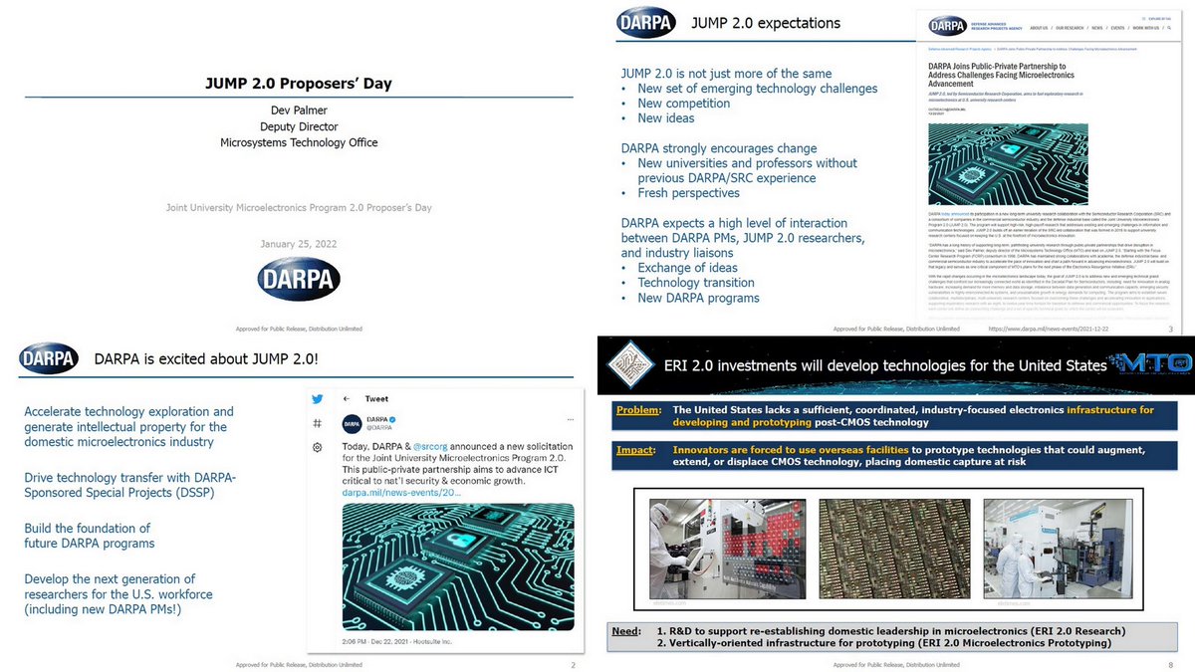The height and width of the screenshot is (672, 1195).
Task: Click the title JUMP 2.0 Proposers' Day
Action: tap(299, 83)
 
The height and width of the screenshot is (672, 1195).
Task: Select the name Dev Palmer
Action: tap(299, 111)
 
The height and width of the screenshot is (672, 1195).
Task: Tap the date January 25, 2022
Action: tap(298, 245)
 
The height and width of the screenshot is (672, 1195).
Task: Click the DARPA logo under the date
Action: tap(299, 279)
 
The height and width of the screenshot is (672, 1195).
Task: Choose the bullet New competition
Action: tap(683, 104)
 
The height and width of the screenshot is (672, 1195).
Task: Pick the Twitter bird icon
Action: tap(318, 398)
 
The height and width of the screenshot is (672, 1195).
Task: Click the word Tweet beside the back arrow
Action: tap(376, 398)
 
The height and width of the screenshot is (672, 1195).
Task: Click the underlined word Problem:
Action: tap(637, 409)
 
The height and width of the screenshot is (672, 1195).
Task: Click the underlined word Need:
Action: tap(626, 630)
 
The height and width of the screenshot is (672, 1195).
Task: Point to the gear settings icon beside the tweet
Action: tap(317, 447)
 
